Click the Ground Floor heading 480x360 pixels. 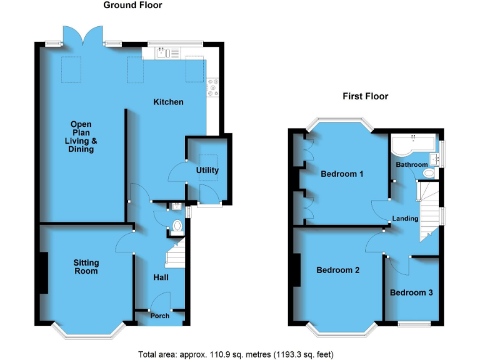132,6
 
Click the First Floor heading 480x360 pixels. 365,96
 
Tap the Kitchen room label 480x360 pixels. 169,102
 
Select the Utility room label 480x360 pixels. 207,170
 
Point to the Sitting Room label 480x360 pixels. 86,267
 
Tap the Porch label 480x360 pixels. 160,316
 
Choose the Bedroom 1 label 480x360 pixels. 342,174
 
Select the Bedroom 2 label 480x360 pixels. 338,271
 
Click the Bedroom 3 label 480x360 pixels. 411,292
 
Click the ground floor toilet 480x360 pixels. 177,226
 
